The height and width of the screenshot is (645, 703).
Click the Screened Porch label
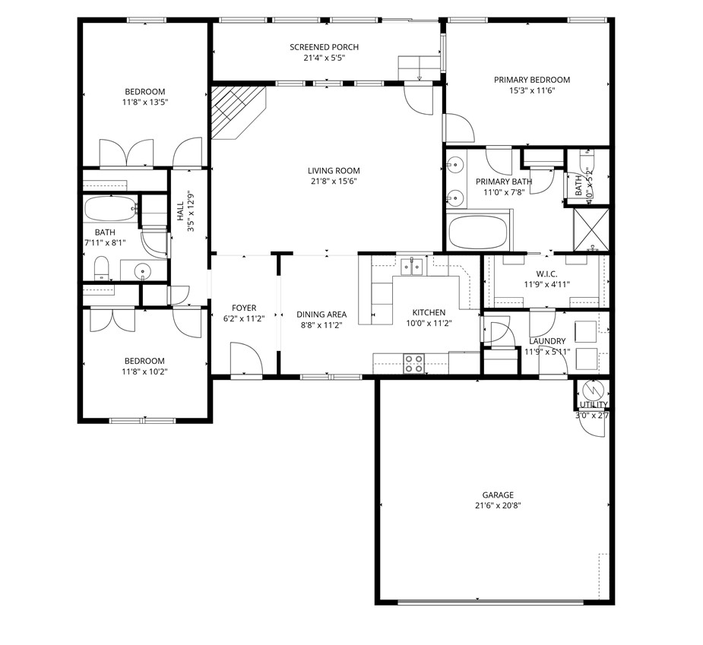[324, 47]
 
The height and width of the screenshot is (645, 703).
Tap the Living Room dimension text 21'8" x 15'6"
[334, 182]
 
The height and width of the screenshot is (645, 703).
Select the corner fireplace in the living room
[233, 112]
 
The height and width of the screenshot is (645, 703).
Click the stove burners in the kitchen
[414, 363]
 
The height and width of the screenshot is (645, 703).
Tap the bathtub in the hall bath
[110, 209]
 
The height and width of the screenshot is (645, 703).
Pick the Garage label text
[497, 494]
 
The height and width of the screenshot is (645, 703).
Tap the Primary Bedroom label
[531, 80]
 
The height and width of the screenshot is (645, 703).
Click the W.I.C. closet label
[546, 274]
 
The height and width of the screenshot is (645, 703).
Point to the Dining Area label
[321, 315]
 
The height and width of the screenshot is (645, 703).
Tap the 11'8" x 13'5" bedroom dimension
[144, 102]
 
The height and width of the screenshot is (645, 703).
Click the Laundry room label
[546, 341]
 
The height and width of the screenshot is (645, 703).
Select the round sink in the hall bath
[142, 272]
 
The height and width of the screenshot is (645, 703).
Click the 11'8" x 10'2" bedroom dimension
[144, 372]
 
